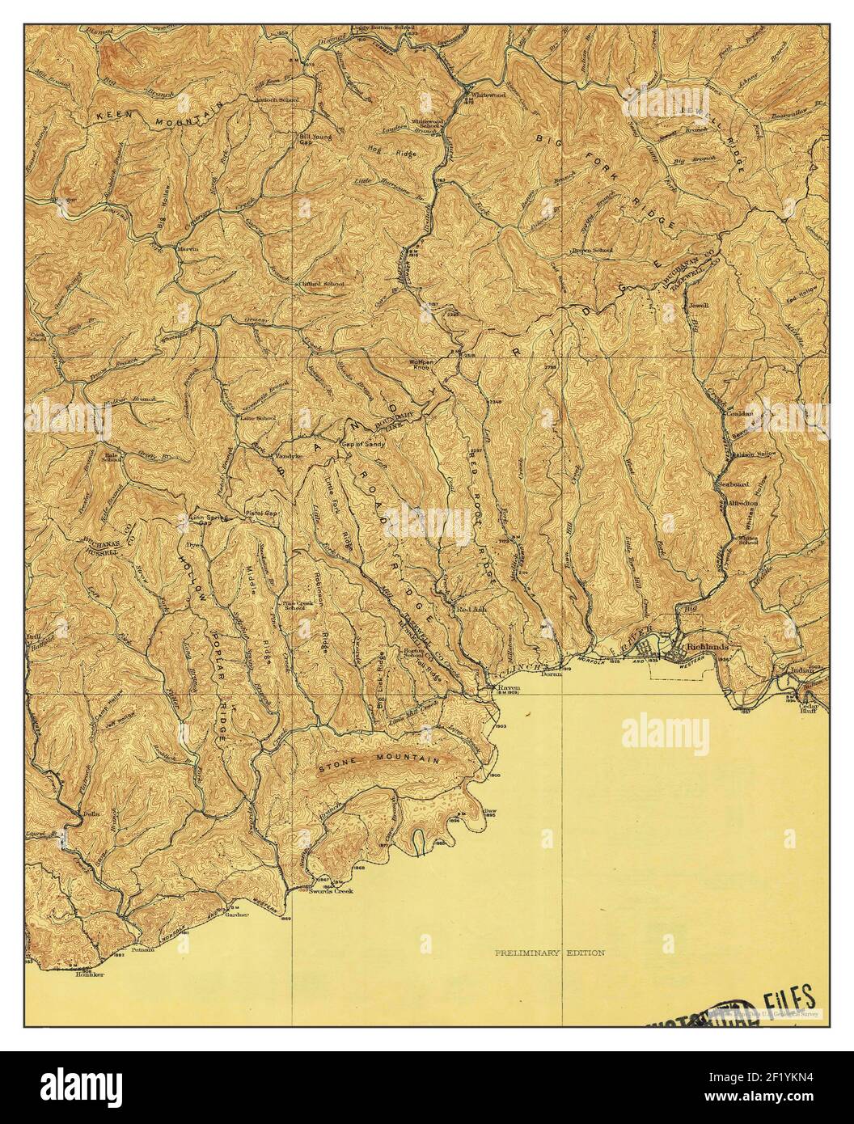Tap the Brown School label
tap(592, 251)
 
